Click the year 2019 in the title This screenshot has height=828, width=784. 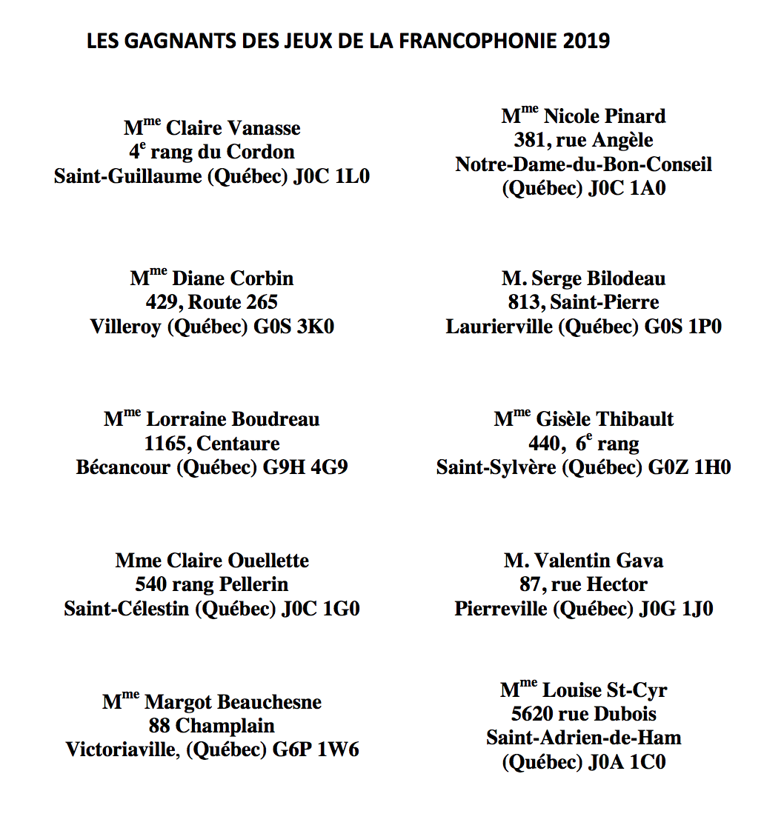point(585,41)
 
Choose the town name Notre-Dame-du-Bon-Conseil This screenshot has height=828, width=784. point(583,164)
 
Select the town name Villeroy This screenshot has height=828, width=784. point(125,327)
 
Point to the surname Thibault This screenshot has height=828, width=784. point(635,419)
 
